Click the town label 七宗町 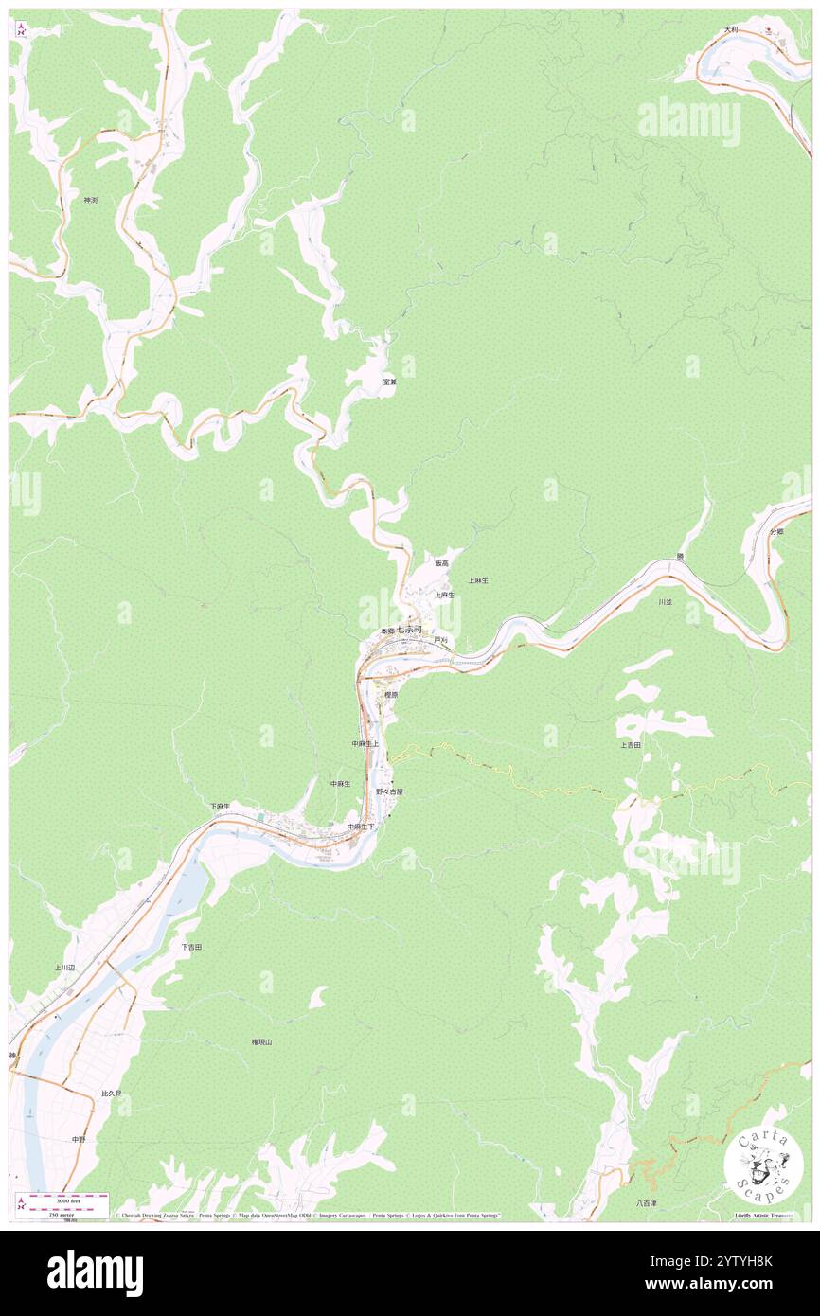coord(413,630)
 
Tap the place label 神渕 coord(91,200)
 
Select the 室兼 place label coord(389,382)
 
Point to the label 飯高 coord(441,563)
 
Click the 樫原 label coord(390,694)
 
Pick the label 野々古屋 coord(389,791)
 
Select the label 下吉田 coord(191,947)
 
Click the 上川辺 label coord(64,968)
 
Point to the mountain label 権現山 coord(261,1041)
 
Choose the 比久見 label coord(112,1094)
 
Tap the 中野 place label coord(79,1140)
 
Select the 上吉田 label coord(631,745)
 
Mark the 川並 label coord(666,601)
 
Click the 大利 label coord(730,29)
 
